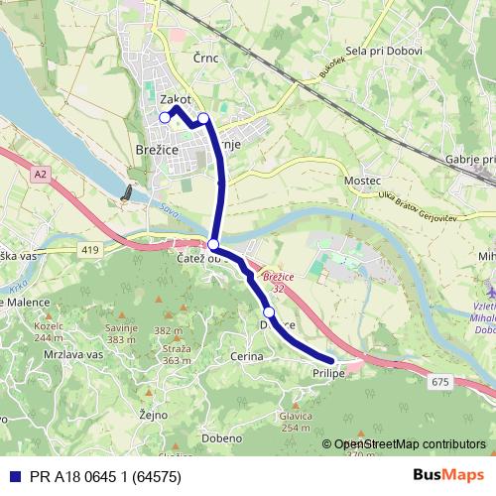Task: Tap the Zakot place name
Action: point(175,99)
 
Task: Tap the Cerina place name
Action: point(247,355)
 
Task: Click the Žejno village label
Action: point(154,415)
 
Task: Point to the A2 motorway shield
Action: point(40,175)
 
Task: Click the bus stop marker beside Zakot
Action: point(165,118)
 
